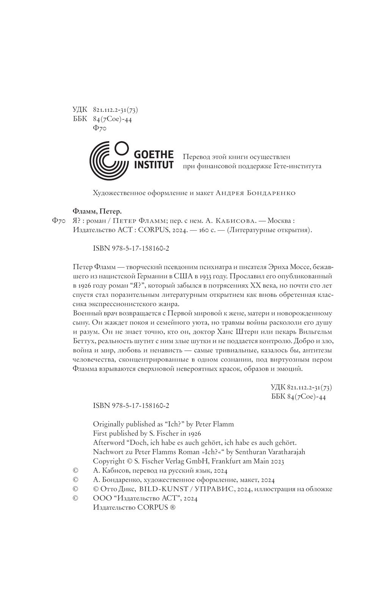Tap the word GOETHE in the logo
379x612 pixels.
tap(154, 155)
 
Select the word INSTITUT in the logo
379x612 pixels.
tap(154, 165)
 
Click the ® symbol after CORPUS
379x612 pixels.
tap(173, 508)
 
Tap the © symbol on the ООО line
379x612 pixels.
tap(75, 498)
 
